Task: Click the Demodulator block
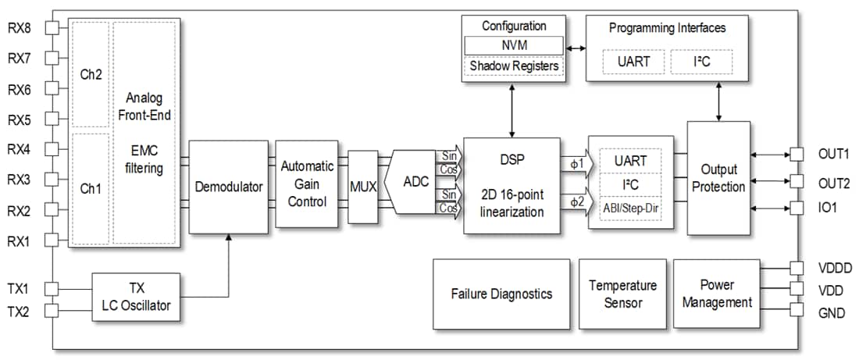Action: [229, 187]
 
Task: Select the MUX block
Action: [362, 187]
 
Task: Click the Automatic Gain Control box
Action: [307, 184]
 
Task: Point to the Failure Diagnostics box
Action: [501, 294]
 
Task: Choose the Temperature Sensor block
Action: [622, 294]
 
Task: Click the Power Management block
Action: [716, 293]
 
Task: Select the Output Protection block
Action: [718, 178]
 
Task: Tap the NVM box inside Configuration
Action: [513, 46]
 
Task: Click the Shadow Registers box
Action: [513, 66]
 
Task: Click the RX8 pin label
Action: [20, 28]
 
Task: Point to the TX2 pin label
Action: [20, 312]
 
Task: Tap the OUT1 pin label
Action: [834, 154]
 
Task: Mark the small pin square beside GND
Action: [796, 310]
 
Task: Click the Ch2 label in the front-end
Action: [91, 74]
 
